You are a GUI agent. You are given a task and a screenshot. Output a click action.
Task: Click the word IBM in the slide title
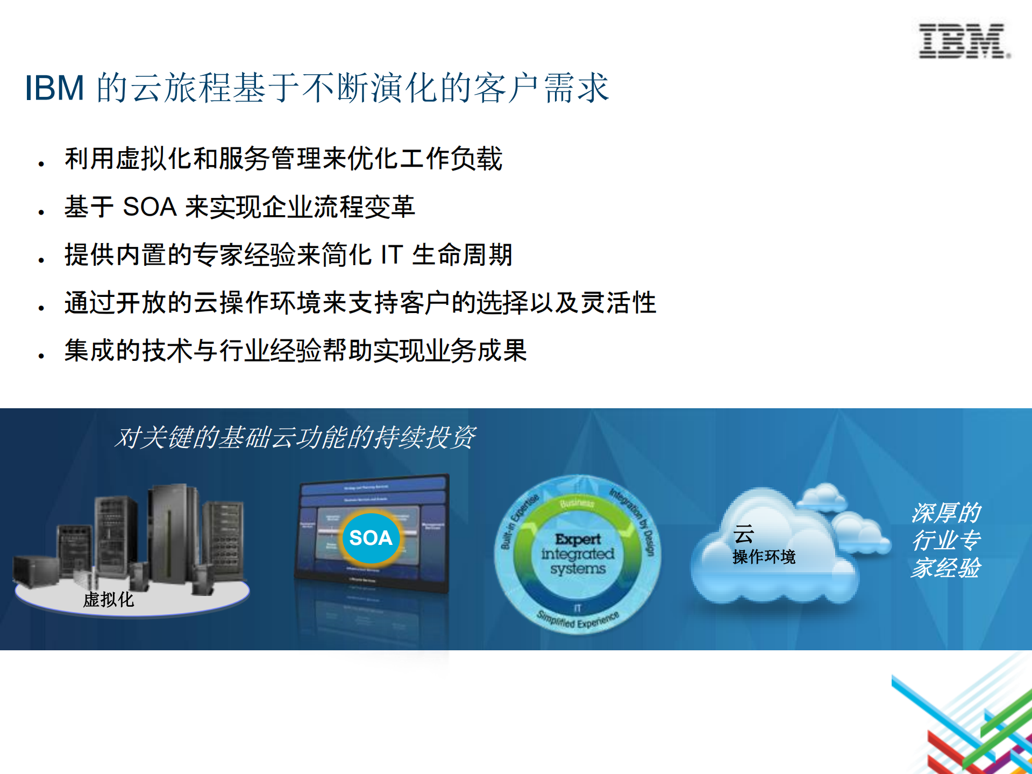[55, 88]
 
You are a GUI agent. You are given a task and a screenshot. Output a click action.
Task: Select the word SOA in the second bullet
[150, 207]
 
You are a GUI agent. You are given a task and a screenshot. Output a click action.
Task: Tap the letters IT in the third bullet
[392, 255]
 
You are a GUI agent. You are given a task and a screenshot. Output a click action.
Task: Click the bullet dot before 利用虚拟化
[41, 164]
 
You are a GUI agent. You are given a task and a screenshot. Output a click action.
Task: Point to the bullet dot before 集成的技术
[41, 356]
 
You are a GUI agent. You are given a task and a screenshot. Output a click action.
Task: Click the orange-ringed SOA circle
[371, 538]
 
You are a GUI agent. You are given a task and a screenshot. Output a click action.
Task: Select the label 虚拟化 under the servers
[109, 600]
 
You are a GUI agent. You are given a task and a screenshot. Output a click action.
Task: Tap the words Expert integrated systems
[578, 553]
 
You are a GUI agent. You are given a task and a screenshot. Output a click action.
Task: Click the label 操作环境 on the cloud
[764, 557]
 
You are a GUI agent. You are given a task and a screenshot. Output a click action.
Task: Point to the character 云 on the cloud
[744, 534]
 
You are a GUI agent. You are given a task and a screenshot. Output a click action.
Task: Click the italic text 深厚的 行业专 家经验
[946, 540]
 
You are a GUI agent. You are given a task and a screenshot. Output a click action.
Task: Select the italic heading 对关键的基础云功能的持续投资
[295, 437]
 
